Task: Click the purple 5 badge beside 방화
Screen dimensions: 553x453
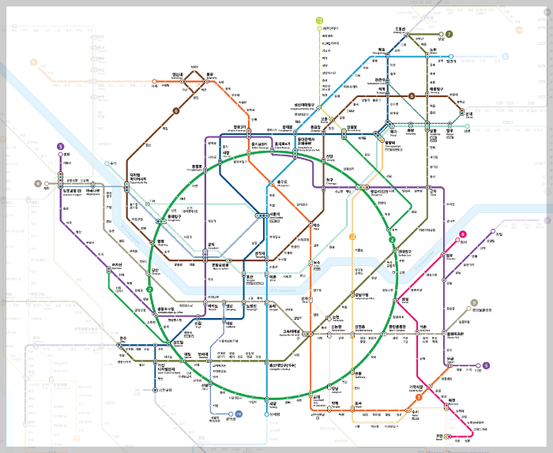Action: (60, 146)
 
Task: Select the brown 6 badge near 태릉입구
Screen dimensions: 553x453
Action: (412, 96)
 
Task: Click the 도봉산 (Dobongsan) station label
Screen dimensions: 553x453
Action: (400, 29)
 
